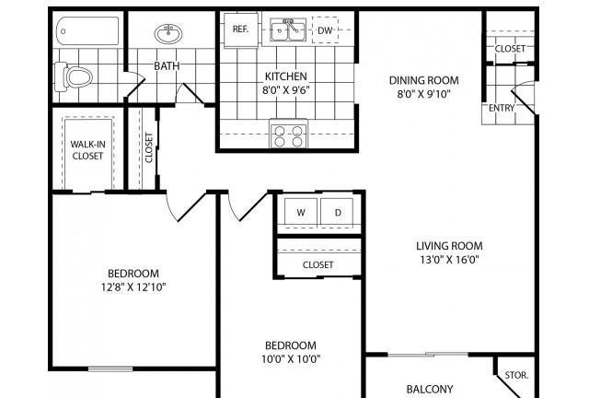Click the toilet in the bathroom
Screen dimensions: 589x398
pos(74,76)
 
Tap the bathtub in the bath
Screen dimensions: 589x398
pos(87,30)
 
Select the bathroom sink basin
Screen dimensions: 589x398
pos(168,33)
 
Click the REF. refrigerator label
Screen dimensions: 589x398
pos(240,29)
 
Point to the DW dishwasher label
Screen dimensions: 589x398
pos(325,30)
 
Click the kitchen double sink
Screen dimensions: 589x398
pos(288,29)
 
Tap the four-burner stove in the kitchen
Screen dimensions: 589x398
pos(288,135)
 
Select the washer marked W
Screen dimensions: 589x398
pos(301,212)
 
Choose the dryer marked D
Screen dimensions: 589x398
pos(338,212)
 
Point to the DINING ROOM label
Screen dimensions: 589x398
pos(423,80)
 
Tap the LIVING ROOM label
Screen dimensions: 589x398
pos(449,246)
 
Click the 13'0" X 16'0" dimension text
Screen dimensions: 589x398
pos(449,260)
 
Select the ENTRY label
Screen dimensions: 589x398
pos(502,108)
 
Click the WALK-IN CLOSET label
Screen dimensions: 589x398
pos(88,150)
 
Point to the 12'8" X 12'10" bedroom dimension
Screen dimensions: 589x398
pos(133,287)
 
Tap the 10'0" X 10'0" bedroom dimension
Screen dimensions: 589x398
pos(291,359)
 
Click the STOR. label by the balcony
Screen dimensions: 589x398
pos(516,375)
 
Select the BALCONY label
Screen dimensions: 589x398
pos(430,389)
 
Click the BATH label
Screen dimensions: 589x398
pos(167,65)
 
